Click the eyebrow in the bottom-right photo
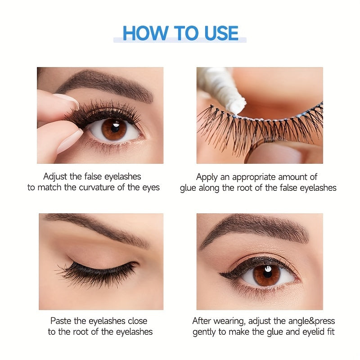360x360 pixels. tap(256, 229)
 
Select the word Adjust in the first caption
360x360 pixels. tap(55, 177)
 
